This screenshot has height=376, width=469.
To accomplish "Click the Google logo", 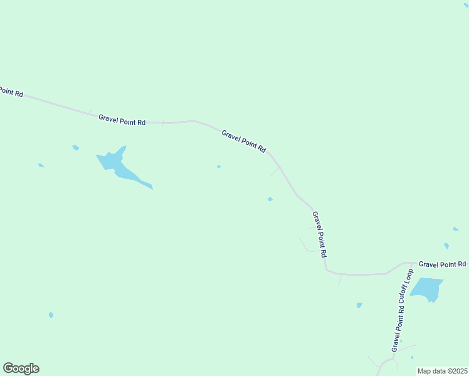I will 21,368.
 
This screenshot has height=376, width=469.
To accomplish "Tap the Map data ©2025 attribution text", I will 442,371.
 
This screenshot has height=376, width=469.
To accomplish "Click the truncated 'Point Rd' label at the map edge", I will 11,91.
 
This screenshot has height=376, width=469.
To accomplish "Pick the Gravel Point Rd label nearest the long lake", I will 122,119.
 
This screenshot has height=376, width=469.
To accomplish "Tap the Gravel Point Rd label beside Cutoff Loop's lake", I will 442,264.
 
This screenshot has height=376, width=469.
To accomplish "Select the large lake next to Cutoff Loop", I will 426,288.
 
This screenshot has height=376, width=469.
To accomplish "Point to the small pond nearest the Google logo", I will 51,315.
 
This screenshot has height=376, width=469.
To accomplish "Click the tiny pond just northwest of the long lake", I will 75,147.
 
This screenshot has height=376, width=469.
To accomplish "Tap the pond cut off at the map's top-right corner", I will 466,4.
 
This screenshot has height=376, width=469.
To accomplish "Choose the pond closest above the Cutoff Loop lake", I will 446,246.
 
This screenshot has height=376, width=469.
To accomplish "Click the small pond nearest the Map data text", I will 412,357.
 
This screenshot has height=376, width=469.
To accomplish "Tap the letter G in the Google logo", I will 8,368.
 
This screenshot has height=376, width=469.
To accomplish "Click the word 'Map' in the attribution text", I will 424,371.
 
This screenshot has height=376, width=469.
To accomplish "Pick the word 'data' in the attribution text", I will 438,371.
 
